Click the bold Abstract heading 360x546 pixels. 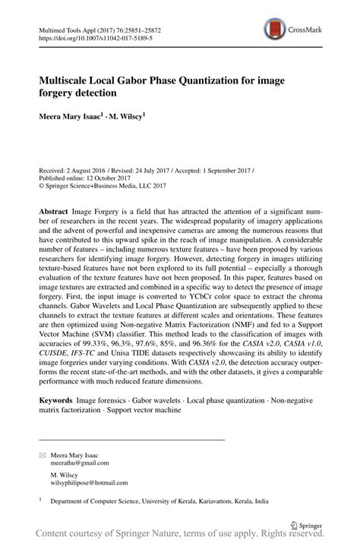(56, 209)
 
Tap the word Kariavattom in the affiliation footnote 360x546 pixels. (222, 501)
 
